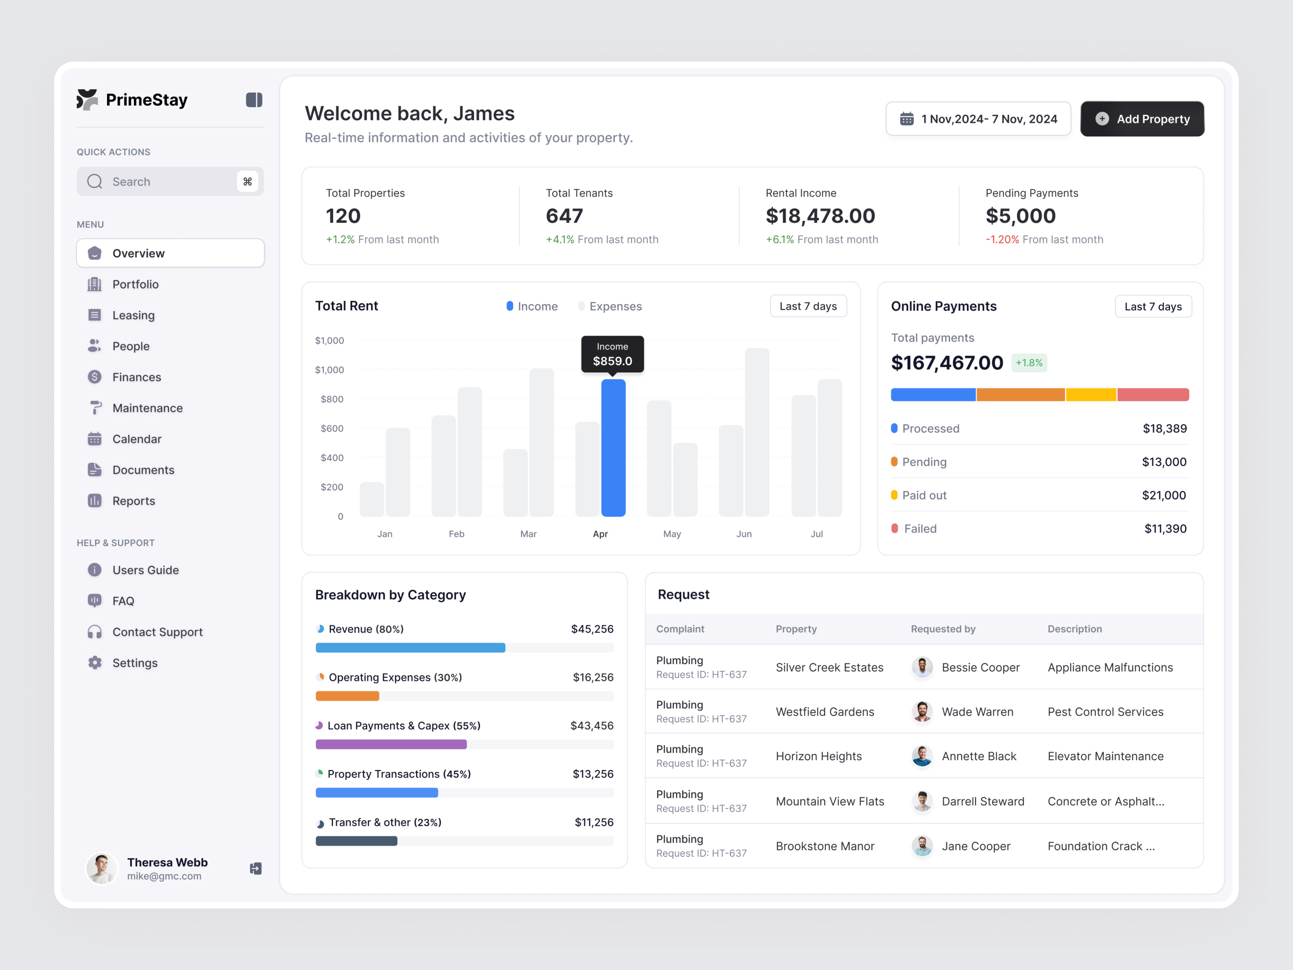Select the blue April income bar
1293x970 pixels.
point(613,447)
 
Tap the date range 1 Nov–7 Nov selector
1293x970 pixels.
point(978,119)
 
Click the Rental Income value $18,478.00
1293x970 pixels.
point(820,216)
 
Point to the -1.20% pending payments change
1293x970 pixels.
point(1002,240)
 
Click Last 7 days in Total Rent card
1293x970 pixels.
point(808,306)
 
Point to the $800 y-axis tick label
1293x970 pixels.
point(332,399)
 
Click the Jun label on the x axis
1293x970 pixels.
point(743,534)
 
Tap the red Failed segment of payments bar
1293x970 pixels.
point(1153,394)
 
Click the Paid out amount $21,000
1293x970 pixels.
point(1163,495)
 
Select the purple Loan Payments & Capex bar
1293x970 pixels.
point(391,744)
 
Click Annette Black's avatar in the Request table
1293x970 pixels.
point(922,756)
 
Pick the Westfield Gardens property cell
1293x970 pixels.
point(825,712)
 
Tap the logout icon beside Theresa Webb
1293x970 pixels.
point(255,868)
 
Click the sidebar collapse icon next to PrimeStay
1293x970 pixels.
point(254,100)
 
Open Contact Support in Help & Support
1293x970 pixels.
point(157,632)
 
